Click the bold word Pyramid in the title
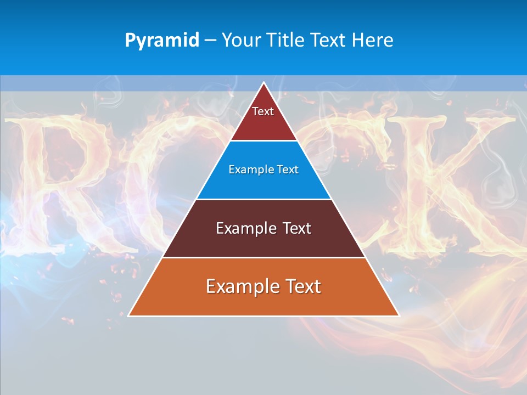pyautogui.click(x=162, y=41)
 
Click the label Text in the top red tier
pyautogui.click(x=263, y=111)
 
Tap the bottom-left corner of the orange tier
pyautogui.click(x=129, y=315)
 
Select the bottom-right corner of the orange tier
pyautogui.click(x=399, y=315)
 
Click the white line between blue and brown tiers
pyautogui.click(x=264, y=199)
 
